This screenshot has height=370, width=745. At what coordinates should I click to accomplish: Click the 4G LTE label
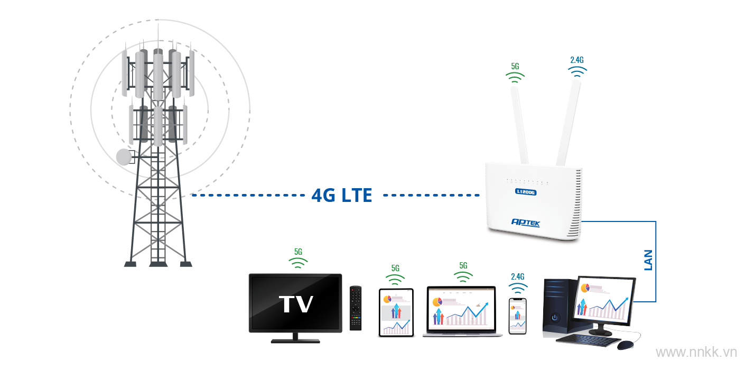coord(341,196)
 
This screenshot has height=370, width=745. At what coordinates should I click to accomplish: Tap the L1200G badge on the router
coord(526,192)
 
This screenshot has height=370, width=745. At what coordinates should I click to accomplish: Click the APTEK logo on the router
coord(526,223)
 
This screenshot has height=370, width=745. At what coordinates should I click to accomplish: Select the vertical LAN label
coord(648,260)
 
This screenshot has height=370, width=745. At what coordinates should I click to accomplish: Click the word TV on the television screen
coord(296,304)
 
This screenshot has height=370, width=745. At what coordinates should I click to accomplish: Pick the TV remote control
coord(356,308)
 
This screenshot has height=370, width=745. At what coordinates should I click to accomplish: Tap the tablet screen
coord(396,312)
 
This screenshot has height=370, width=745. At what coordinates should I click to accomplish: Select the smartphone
coord(517,316)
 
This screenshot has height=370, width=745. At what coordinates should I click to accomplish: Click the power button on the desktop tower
coord(554,318)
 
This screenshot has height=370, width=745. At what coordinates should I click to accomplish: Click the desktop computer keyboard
coord(588,340)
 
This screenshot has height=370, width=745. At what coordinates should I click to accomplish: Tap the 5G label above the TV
coord(298,252)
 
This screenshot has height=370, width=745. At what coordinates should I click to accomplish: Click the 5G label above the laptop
coord(463,265)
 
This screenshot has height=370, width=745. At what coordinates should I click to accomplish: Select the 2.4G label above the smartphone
coord(517,276)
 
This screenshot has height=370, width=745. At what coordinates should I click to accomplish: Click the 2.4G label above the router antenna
coord(576,60)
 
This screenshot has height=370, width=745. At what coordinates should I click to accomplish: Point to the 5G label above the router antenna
coord(515,66)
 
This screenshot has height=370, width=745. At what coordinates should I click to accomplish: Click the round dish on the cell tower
coord(124,157)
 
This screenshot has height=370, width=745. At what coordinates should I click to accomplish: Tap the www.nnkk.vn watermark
coord(696,352)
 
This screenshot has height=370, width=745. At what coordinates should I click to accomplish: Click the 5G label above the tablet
coord(395,268)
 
